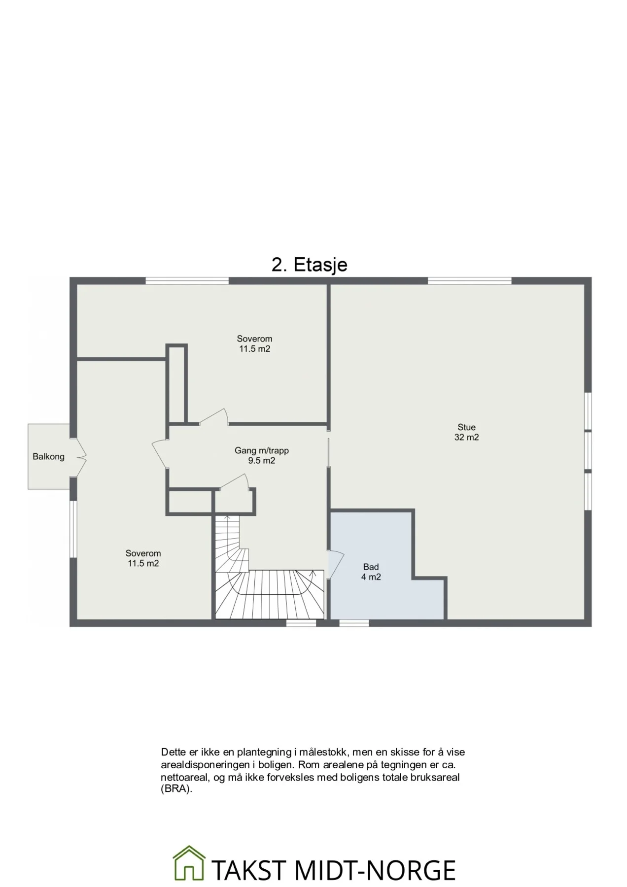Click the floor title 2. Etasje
(x=309, y=265)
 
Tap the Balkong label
(x=48, y=457)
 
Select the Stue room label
(x=466, y=427)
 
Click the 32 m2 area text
(x=466, y=438)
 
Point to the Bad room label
(x=371, y=567)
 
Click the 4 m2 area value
(x=371, y=577)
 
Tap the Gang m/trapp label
(x=261, y=450)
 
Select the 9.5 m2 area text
(x=261, y=461)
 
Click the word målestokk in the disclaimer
(x=322, y=752)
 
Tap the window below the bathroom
(x=354, y=623)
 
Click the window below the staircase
(x=301, y=623)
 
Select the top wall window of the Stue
(x=469, y=281)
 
